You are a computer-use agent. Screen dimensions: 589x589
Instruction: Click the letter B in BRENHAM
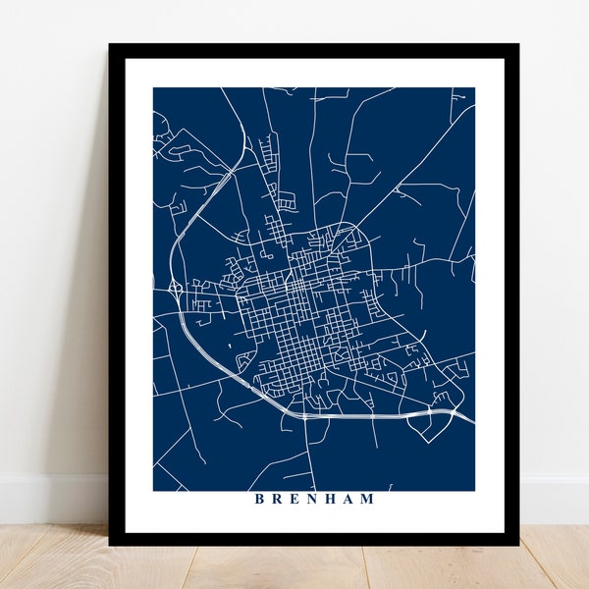coord(259,499)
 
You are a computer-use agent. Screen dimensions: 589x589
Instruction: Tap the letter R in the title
coord(278,499)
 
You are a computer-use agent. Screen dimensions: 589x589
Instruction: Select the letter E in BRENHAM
coord(295,499)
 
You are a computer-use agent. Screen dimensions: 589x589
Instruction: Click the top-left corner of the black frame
coord(110,44)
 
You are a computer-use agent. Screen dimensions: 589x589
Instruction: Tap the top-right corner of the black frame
coord(518,44)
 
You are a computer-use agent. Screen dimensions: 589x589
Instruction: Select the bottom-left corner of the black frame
coord(110,545)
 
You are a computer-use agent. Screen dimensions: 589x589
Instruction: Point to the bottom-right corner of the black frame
coord(518,545)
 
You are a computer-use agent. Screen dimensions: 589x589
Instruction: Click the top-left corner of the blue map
coord(154,88)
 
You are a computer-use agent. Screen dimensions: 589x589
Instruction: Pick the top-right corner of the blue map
coord(474,88)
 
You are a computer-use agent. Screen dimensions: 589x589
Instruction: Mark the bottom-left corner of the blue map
coord(154,490)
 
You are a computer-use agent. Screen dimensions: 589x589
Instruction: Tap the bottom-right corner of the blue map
coord(474,490)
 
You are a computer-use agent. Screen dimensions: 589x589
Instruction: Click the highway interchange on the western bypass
coord(174,291)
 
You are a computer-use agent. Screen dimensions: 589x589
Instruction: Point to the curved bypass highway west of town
coord(173,245)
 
